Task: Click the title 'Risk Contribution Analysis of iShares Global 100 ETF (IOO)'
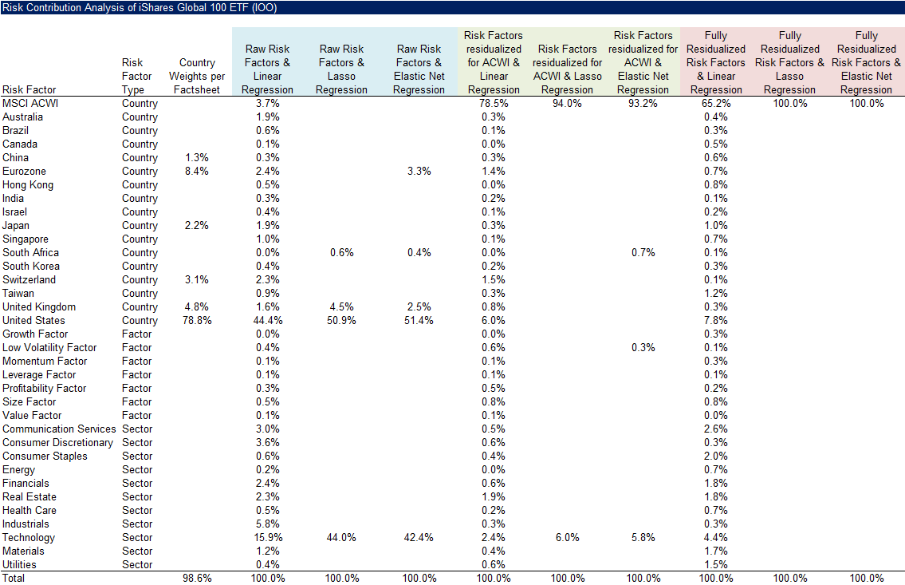(x=140, y=8)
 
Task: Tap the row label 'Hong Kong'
(x=28, y=185)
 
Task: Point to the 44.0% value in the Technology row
(x=341, y=538)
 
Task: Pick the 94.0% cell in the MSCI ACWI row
(x=567, y=104)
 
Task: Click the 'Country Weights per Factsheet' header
(x=197, y=77)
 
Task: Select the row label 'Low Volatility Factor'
(x=49, y=348)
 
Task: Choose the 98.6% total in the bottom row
(x=197, y=579)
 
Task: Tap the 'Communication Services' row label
(x=59, y=429)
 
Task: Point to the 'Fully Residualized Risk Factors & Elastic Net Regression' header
(x=866, y=63)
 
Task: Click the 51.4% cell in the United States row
(x=419, y=321)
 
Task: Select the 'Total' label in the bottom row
(x=14, y=579)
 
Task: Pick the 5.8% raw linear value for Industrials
(x=268, y=524)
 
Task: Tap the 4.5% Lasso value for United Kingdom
(x=341, y=307)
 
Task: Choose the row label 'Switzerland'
(x=30, y=280)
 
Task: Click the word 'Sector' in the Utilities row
(x=136, y=565)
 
